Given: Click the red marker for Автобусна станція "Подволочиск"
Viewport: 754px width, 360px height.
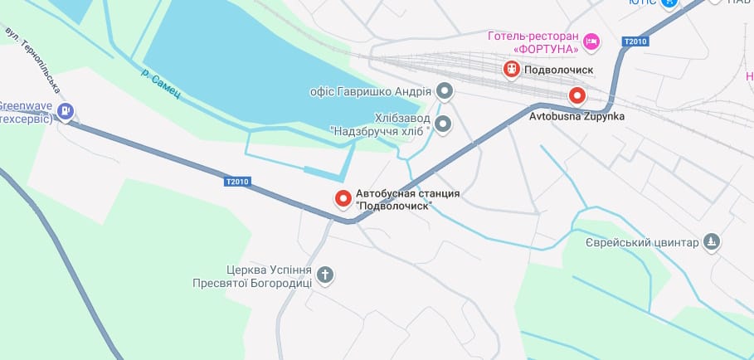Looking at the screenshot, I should [x=343, y=198].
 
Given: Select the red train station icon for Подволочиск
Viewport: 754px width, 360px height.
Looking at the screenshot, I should [x=512, y=69].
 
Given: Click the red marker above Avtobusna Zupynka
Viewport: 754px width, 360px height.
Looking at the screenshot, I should [x=576, y=96].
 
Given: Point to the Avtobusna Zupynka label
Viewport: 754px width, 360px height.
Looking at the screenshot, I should [x=576, y=117].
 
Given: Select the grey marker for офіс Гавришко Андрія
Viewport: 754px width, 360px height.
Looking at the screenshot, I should [x=445, y=90].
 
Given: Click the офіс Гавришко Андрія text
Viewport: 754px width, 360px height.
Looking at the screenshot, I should [x=370, y=91].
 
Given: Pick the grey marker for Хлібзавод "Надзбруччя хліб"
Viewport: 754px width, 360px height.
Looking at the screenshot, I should [x=444, y=124].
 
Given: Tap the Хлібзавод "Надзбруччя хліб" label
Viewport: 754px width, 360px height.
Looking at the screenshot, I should [x=381, y=125].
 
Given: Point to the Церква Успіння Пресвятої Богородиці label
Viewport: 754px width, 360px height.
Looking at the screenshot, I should [x=269, y=276].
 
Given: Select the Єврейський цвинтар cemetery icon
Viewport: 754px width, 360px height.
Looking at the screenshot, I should [x=711, y=242].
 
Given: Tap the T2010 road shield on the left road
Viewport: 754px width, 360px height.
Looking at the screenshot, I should [x=236, y=182].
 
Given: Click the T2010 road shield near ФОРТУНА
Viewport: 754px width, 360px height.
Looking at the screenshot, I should [x=635, y=41].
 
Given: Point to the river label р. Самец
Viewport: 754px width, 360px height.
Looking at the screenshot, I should [x=160, y=86].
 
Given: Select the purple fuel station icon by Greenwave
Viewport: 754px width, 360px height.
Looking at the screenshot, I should [x=66, y=110].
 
